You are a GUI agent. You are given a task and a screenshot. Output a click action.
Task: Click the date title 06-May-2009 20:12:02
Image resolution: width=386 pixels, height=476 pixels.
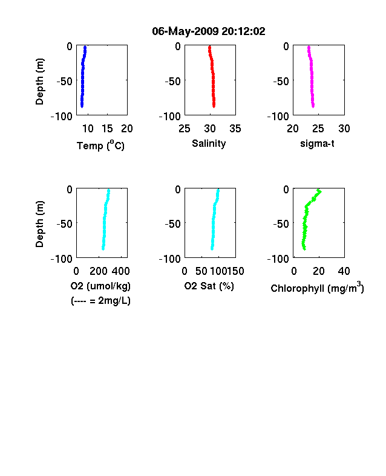(209, 31)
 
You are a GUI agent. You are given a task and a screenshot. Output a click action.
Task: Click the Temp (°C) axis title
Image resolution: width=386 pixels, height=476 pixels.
(100, 145)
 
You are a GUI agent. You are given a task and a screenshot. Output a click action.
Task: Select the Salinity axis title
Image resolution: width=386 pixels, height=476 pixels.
(209, 143)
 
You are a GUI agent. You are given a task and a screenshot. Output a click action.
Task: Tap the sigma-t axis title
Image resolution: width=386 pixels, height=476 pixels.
(317, 143)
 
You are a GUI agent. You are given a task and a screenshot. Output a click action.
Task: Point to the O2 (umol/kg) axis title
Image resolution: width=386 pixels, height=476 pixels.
(100, 286)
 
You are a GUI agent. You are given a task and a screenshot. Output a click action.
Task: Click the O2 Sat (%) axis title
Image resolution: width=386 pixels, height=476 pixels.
(209, 286)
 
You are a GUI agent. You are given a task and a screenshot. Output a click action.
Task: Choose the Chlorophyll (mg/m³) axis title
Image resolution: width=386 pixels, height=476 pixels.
(317, 287)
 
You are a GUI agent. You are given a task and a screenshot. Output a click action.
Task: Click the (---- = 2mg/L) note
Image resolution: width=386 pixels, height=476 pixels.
(100, 301)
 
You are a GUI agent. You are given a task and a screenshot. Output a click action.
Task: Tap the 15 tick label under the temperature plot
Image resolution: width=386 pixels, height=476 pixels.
(107, 129)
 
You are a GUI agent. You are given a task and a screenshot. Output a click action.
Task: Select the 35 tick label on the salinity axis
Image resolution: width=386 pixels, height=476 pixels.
(235, 129)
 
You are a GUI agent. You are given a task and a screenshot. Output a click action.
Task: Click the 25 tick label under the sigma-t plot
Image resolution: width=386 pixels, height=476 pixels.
(318, 129)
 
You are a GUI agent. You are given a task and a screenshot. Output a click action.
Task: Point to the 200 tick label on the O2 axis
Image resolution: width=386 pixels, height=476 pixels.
(98, 271)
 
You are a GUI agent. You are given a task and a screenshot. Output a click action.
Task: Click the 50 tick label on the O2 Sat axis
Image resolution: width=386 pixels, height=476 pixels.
(201, 271)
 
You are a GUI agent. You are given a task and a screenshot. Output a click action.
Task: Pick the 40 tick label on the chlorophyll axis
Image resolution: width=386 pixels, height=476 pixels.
(344, 271)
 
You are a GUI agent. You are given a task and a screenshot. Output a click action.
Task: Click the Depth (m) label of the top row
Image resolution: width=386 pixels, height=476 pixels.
(39, 82)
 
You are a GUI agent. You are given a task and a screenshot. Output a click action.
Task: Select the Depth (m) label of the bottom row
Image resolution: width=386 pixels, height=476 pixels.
(39, 224)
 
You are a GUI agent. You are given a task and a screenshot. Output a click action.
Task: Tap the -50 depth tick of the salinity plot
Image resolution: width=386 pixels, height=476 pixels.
(173, 82)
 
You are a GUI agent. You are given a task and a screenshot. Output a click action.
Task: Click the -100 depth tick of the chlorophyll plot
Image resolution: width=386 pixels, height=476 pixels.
(278, 259)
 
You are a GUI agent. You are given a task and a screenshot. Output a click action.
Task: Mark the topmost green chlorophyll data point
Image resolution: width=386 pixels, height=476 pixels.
(319, 191)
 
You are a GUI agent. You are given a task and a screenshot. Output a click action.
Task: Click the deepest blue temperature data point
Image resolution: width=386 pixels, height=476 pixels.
(82, 106)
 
